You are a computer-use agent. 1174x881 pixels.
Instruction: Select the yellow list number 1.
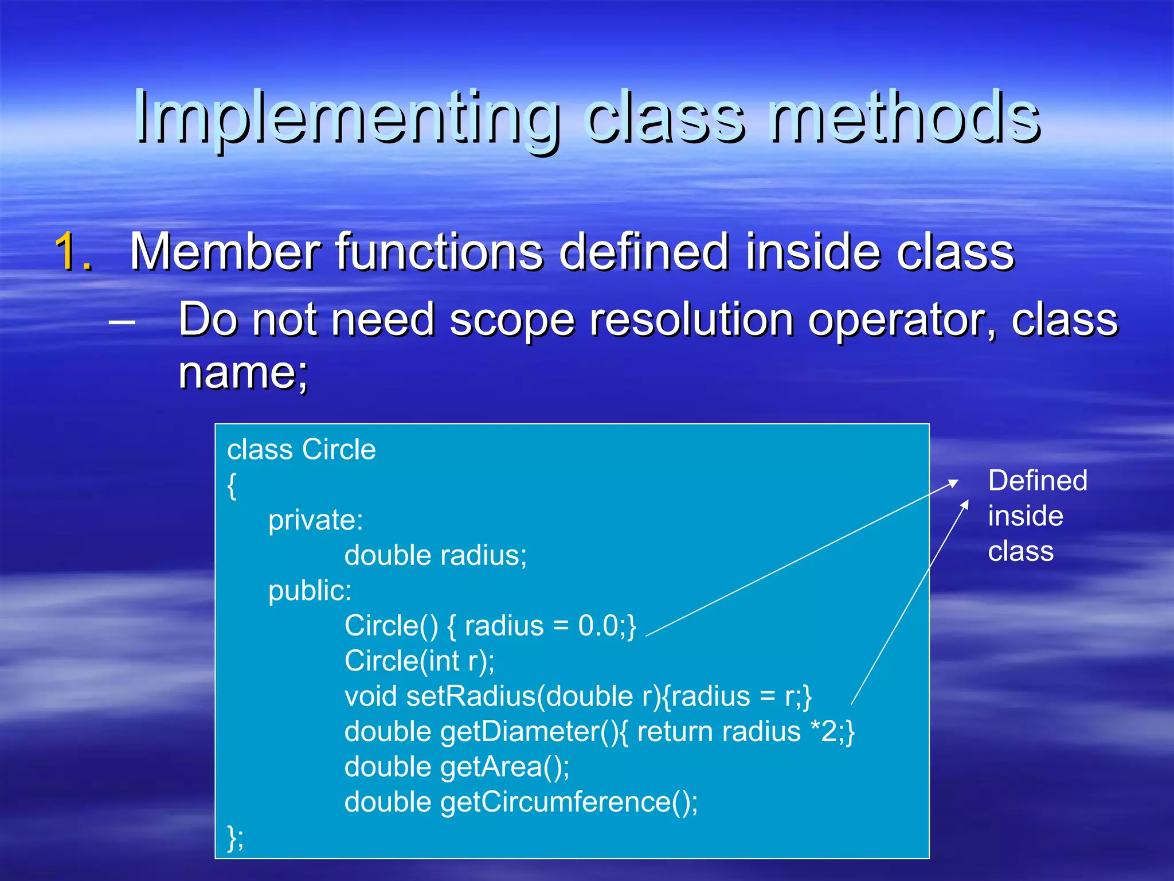[73, 251]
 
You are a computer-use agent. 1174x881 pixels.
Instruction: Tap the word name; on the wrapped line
[243, 373]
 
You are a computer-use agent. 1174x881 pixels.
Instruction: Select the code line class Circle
[302, 449]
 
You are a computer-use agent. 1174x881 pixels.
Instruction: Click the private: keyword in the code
[315, 520]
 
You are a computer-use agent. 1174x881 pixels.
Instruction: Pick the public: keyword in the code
[310, 591]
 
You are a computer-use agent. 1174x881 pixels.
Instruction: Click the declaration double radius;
[436, 555]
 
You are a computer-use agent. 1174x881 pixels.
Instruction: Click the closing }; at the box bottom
[235, 837]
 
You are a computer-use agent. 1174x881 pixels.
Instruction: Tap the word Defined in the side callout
[1038, 481]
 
